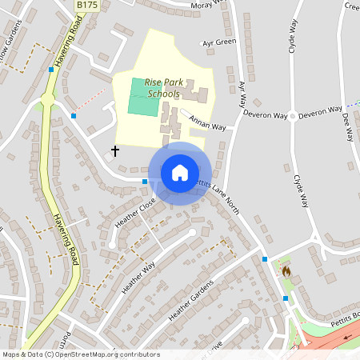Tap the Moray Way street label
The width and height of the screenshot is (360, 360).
click(x=210, y=5)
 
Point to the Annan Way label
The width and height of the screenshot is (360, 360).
click(x=207, y=123)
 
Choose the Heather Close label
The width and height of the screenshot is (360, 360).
click(x=134, y=213)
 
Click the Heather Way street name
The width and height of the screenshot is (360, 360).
click(x=138, y=277)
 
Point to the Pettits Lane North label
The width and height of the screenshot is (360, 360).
click(x=217, y=192)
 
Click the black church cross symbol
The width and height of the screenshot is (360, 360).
click(x=114, y=150)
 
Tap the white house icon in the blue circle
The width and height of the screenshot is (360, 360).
click(x=180, y=173)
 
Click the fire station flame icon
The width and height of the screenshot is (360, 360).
click(x=286, y=271)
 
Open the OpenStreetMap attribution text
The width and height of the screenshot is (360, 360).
click(x=81, y=354)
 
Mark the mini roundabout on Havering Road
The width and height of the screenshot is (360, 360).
click(x=47, y=99)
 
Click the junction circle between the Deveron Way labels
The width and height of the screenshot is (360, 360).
click(x=292, y=115)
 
